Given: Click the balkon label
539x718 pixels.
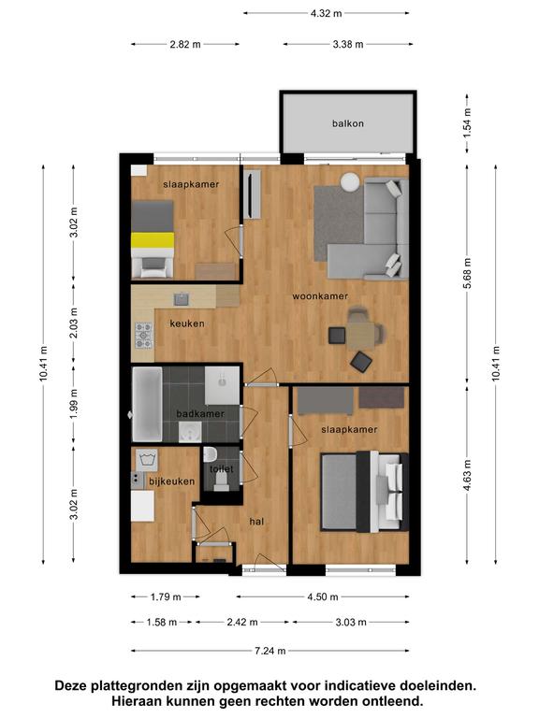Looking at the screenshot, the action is pyautogui.click(x=348, y=123).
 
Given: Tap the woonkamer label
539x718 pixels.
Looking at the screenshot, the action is pyautogui.click(x=320, y=296).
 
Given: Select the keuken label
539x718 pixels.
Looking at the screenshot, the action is pyautogui.click(x=187, y=323).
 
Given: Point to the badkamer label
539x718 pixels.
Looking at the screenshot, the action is pyautogui.click(x=200, y=413).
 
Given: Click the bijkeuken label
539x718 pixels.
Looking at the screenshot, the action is pyautogui.click(x=172, y=481).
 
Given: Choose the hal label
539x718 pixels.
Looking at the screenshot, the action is pyautogui.click(x=256, y=522).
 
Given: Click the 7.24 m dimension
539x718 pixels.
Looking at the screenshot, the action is pyautogui.click(x=269, y=651).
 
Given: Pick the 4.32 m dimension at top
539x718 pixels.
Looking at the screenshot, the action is pyautogui.click(x=326, y=13).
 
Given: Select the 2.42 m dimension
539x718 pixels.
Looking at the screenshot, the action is pyautogui.click(x=242, y=623).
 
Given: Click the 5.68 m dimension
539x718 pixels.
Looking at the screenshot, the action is pyautogui.click(x=467, y=273).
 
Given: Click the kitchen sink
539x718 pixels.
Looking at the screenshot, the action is pyautogui.click(x=181, y=299).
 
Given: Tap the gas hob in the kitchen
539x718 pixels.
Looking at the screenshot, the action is pyautogui.click(x=143, y=336).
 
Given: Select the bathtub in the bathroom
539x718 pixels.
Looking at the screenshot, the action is pyautogui.click(x=147, y=404).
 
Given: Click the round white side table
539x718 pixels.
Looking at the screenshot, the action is pyautogui.click(x=351, y=181).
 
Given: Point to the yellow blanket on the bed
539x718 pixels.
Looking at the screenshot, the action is pyautogui.click(x=153, y=240).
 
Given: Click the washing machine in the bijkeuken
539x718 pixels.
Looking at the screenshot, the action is pyautogui.click(x=146, y=460).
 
